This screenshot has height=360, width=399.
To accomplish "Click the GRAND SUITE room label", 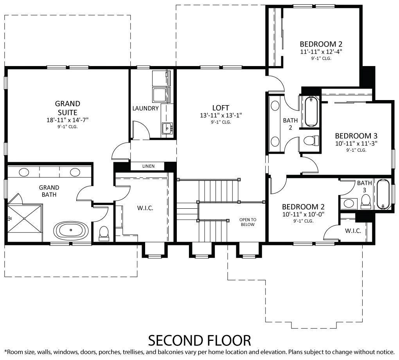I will click(67, 107).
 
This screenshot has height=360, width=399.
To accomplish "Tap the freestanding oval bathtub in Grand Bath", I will click(70, 231).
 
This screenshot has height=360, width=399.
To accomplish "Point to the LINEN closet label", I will click(148, 167).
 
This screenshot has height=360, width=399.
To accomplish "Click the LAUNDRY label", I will click(145, 109).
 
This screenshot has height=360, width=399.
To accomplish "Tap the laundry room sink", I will click(167, 127).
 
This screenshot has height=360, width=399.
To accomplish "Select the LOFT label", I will click(221, 108).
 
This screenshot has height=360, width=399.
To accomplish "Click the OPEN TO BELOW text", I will click(248, 222).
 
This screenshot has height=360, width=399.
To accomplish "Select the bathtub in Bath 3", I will click(383, 194).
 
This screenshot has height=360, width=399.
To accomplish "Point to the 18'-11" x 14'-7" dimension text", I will click(67, 120).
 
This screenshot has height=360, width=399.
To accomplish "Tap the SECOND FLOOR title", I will click(199, 340).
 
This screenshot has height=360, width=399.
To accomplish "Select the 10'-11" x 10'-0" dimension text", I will click(303, 214).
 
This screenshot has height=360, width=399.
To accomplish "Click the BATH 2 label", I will click(290, 124).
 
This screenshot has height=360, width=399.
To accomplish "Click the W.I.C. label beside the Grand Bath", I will click(145, 208).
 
